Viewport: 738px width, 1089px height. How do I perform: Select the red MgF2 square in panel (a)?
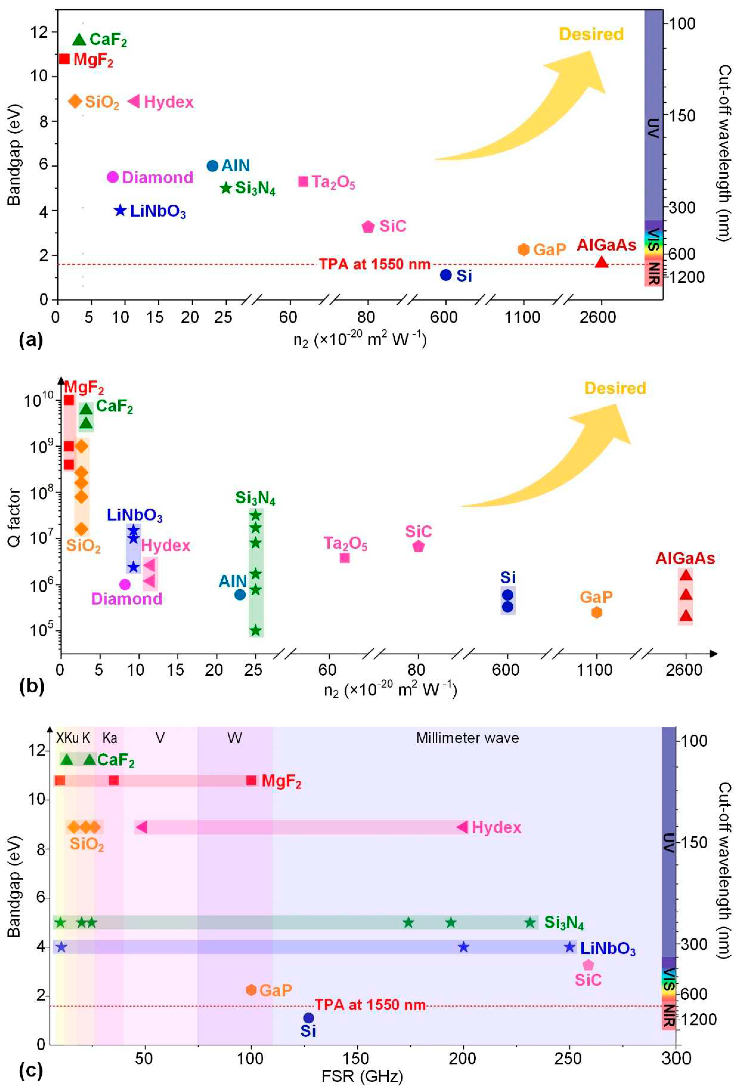[64, 59]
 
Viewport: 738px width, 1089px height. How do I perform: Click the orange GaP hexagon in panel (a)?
[523, 249]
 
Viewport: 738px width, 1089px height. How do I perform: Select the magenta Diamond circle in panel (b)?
[125, 584]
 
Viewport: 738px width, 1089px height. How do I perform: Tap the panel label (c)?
[31, 1071]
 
